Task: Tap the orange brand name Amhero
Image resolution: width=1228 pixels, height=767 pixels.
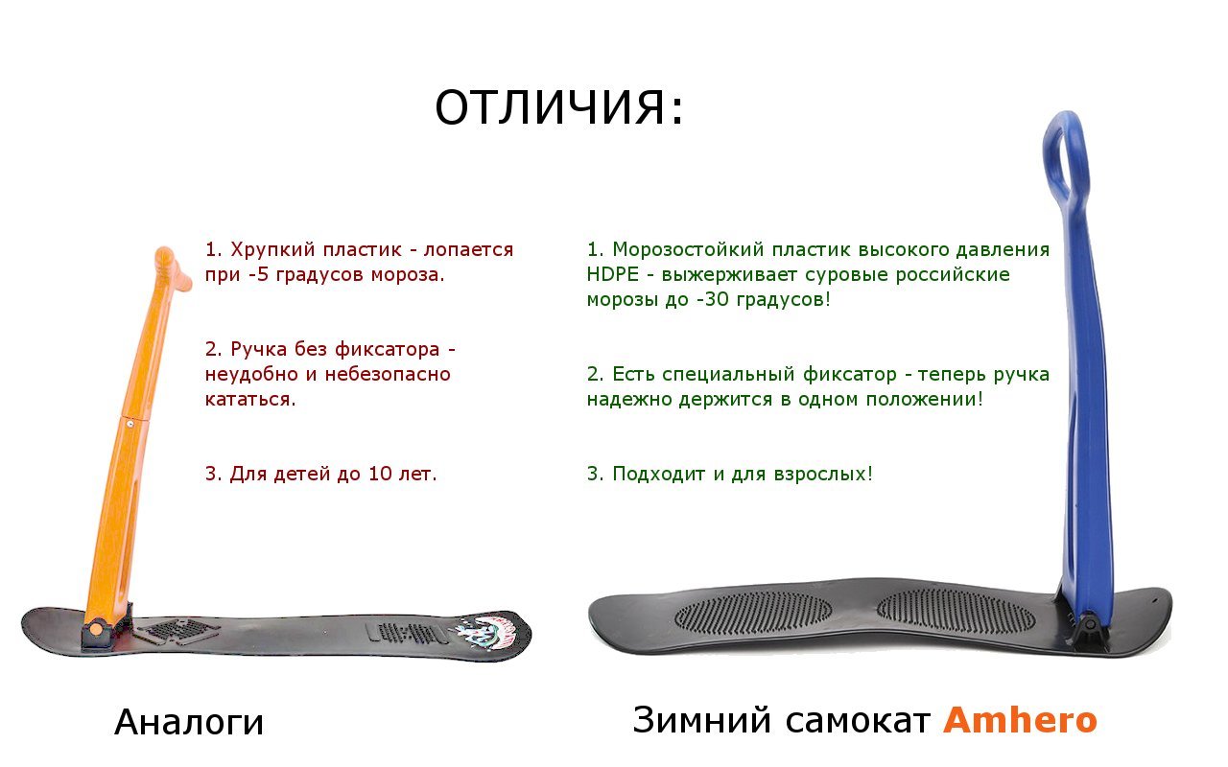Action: [x=1020, y=720]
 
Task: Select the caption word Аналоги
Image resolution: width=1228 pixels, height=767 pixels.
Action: [x=189, y=722]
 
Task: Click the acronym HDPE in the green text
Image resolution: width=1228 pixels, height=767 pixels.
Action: [x=612, y=274]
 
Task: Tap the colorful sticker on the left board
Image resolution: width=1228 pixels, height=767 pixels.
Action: [x=487, y=631]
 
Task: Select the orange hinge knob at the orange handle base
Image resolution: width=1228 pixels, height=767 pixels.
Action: [x=97, y=628]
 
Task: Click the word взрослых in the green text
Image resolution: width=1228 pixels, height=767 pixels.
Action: [x=820, y=474]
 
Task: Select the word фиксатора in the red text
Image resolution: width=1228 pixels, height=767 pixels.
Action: [x=387, y=350]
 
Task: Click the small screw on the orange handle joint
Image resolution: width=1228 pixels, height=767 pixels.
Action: [x=130, y=423]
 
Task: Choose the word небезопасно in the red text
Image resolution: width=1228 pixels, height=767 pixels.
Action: [x=388, y=375]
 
